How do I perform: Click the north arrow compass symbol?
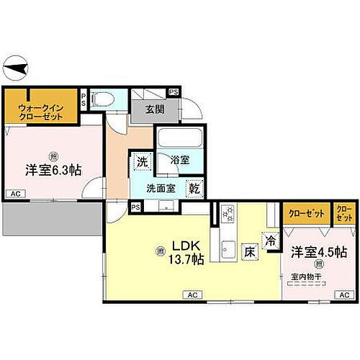[15, 69]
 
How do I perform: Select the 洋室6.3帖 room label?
[53, 171]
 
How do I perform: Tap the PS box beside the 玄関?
[174, 92]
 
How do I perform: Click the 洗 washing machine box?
[143, 161]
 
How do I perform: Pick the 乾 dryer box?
[194, 189]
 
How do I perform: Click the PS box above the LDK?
[135, 207]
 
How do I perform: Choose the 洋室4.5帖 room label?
[319, 253]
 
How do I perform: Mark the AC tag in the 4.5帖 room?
[343, 295]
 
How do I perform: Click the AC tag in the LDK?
[192, 295]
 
